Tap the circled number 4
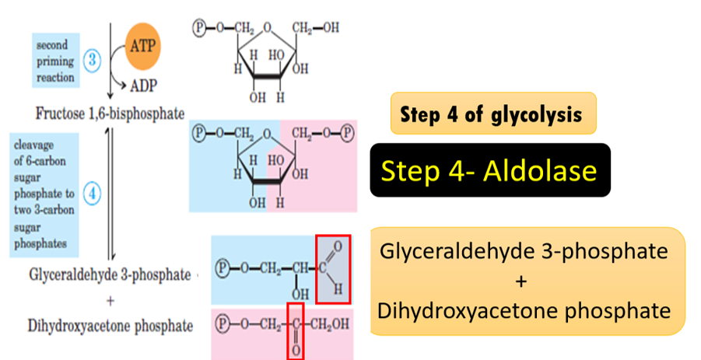[91, 194]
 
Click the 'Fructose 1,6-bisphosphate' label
[110, 114]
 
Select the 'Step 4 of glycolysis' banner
[493, 114]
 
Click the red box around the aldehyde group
[333, 269]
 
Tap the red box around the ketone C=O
[295, 330]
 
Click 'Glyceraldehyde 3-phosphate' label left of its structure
[110, 274]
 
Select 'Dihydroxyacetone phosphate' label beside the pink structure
[110, 326]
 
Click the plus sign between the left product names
[110, 300]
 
